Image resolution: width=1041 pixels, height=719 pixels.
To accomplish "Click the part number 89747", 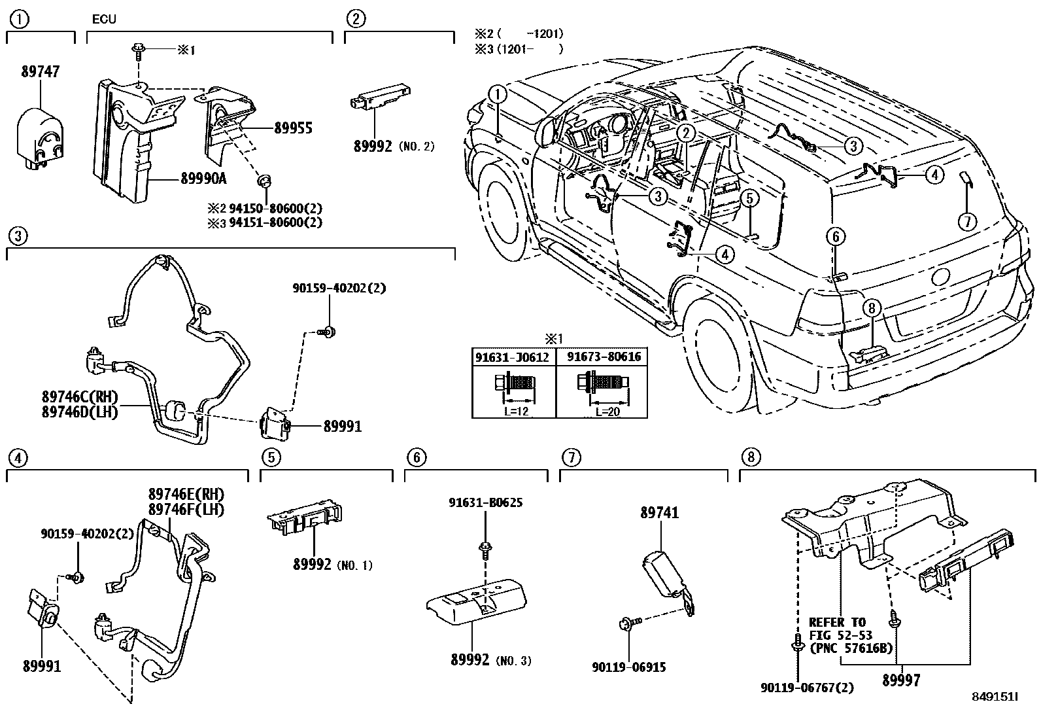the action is click(x=41, y=71).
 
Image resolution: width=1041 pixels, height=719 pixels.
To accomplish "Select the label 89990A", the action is click(x=203, y=178).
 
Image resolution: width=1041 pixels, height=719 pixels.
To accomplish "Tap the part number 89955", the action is click(x=293, y=128).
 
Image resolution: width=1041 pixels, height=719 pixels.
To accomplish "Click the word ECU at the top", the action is click(x=104, y=19).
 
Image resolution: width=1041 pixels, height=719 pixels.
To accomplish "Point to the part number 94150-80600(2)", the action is click(x=275, y=208).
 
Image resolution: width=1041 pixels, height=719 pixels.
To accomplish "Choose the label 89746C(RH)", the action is click(x=80, y=396).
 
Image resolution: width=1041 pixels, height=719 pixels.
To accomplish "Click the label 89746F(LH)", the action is click(x=186, y=509).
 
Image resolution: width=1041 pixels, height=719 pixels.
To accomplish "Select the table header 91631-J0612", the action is click(x=512, y=357).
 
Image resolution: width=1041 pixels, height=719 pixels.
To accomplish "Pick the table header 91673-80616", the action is click(x=604, y=357).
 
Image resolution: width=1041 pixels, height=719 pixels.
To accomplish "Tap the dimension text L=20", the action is click(x=607, y=412).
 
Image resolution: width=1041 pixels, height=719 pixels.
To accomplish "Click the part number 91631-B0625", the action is click(x=486, y=502).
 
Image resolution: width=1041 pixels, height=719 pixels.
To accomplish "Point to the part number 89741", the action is click(x=660, y=512).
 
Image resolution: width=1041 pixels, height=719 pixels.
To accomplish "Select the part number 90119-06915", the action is click(x=629, y=667).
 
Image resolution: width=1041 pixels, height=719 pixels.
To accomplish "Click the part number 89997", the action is click(x=901, y=680).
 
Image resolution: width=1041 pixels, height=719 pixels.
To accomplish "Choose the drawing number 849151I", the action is click(x=995, y=697).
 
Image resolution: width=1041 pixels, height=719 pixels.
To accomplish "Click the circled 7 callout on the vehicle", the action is click(x=967, y=221).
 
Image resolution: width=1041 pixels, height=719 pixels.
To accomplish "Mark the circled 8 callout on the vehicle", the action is click(x=872, y=308).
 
